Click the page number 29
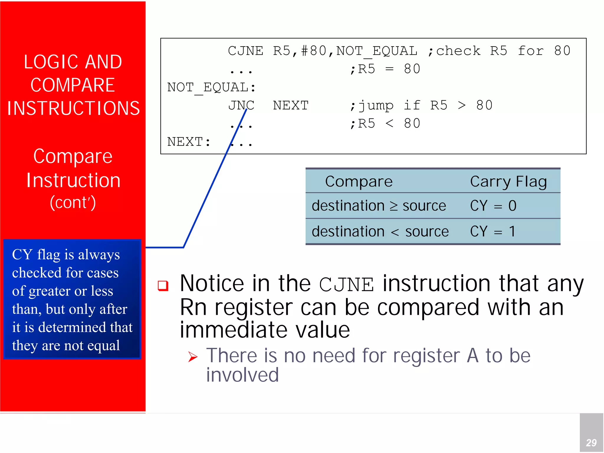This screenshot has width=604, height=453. tap(591, 443)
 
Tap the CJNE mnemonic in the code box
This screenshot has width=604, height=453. tap(245, 51)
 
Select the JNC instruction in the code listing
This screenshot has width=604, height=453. tap(241, 106)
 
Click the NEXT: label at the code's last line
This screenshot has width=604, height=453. tap(189, 142)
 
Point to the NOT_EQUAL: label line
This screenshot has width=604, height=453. tap(211, 88)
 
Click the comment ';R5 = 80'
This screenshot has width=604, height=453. tap(385, 69)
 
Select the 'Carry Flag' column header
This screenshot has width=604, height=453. tap(508, 182)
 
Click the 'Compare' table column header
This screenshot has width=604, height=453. tap(359, 182)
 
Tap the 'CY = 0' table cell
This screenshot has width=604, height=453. tap(493, 206)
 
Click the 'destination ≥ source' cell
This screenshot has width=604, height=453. tap(379, 206)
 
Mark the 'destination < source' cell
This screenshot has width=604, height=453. tap(380, 231)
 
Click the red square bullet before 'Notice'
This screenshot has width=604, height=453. tap(163, 286)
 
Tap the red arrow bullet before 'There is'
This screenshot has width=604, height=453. tap(193, 357)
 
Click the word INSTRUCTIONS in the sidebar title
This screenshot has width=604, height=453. tap(73, 108)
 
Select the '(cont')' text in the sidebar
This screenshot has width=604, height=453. tap(73, 202)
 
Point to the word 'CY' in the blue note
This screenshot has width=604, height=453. tap(22, 255)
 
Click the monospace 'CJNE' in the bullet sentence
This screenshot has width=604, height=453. tap(346, 285)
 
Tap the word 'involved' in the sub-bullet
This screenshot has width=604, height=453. tap(242, 375)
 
